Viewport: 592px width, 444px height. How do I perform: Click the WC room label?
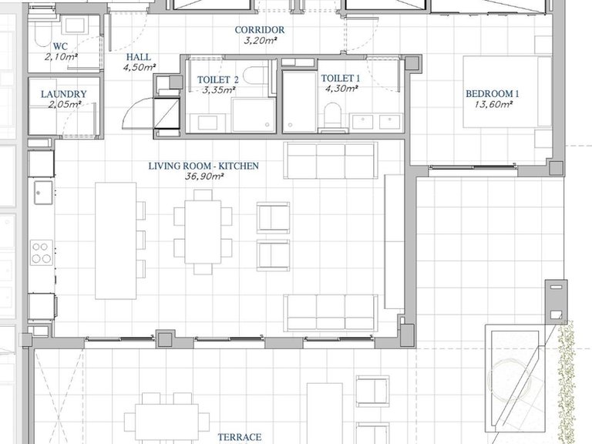pos(60,46)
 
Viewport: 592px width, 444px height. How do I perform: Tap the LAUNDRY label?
pos(64,94)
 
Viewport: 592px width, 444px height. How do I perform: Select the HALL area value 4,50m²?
pos(140,68)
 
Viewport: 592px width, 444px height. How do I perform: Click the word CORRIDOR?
pos(259,30)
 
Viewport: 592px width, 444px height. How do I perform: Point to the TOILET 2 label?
pos(218,79)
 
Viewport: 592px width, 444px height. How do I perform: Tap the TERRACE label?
pos(240,437)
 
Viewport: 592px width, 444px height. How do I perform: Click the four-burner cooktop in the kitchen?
pos(42,253)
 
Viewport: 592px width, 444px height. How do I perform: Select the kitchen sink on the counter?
pos(43,193)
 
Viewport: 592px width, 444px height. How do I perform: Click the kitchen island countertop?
pos(116,240)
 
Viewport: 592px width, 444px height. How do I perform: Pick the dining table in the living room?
pos(203,232)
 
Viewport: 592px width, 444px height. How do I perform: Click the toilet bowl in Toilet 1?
pos(333,115)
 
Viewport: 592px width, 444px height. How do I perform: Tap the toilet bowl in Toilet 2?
pos(255,75)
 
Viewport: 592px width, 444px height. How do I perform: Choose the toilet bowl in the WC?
pos(41,36)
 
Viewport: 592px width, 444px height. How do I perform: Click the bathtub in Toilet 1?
pos(299,103)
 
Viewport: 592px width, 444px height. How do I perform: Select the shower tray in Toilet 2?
pos(254,115)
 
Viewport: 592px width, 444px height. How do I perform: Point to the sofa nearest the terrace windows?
pos(331,313)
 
